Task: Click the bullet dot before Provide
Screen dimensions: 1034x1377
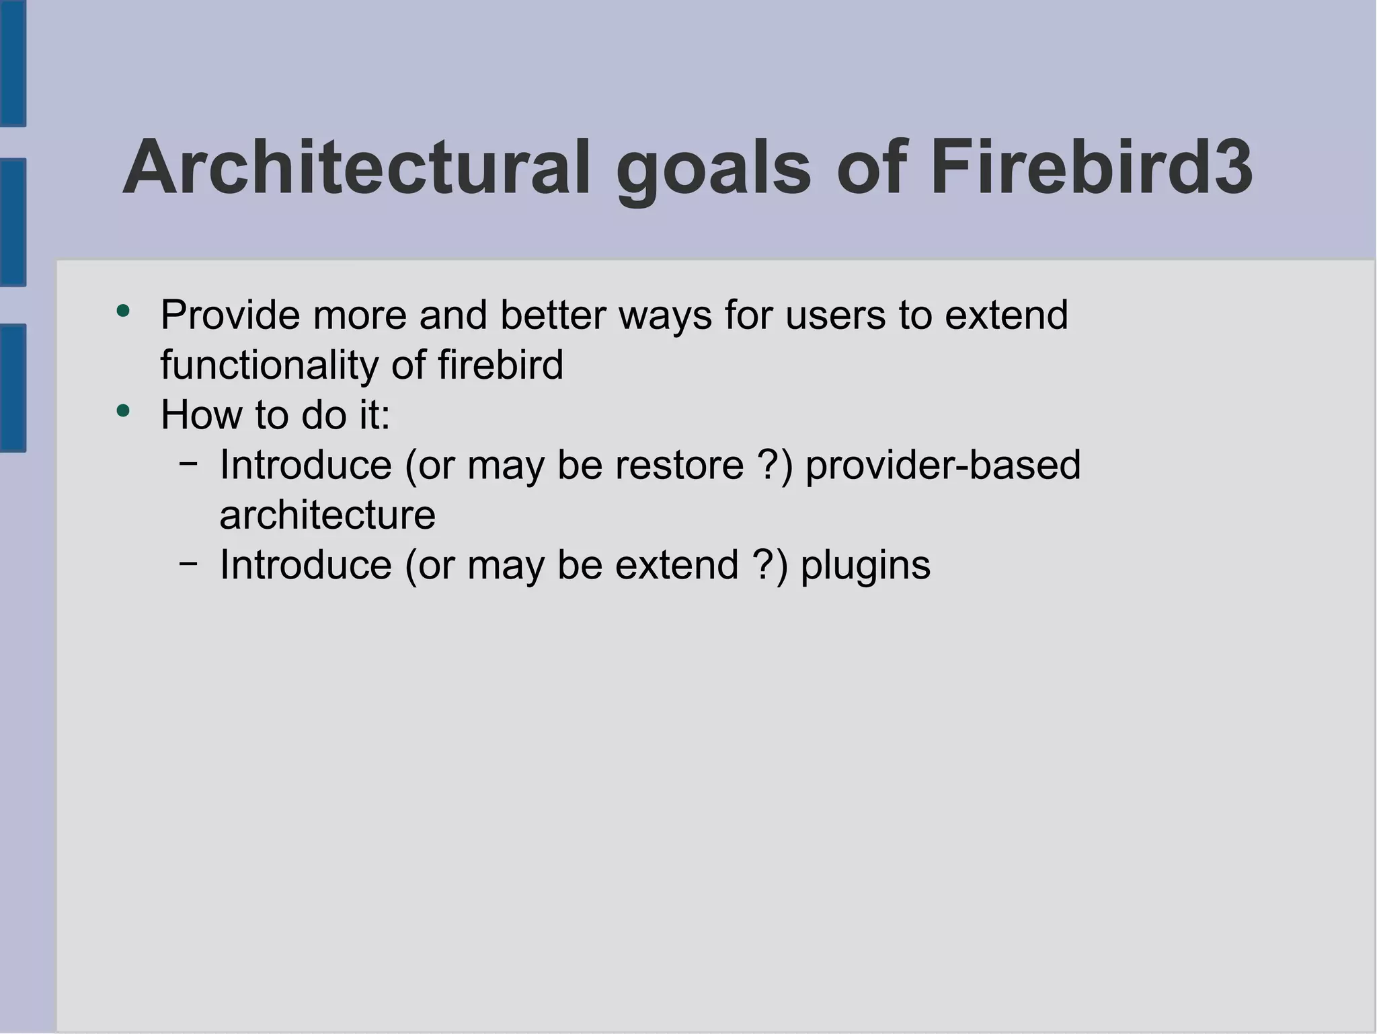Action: tap(122, 311)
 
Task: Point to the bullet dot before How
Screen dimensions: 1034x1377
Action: tap(122, 410)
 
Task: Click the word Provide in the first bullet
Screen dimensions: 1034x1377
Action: tap(230, 315)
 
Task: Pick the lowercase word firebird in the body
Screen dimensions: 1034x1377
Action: tap(500, 365)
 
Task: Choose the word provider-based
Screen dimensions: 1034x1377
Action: tap(943, 465)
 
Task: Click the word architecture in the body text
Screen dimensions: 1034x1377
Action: tap(327, 515)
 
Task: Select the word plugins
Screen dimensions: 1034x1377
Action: tap(865, 565)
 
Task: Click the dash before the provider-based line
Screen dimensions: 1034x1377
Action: tap(189, 463)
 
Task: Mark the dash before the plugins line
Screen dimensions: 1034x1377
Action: tap(189, 562)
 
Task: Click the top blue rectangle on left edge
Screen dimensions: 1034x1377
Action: tap(13, 63)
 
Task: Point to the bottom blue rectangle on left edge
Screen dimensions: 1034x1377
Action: tap(13, 387)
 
